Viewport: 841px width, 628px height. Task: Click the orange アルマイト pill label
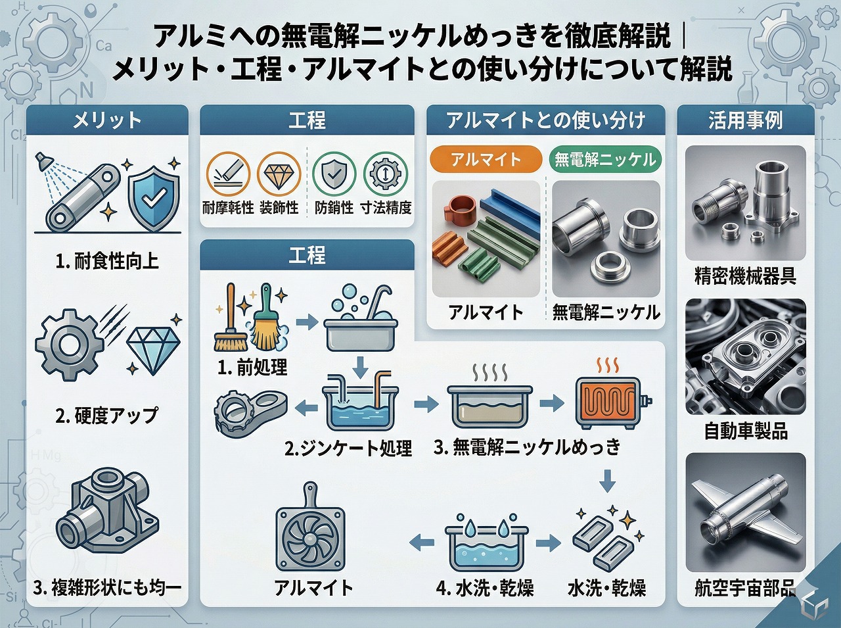[486, 159]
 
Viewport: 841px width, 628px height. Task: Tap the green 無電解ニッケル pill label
[605, 159]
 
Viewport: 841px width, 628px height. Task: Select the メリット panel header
[107, 120]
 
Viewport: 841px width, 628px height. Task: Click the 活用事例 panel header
[745, 120]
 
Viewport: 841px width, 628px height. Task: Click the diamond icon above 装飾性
[279, 174]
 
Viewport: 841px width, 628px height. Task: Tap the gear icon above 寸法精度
[385, 174]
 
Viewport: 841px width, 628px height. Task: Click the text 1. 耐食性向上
[107, 262]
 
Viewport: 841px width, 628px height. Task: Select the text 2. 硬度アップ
[106, 416]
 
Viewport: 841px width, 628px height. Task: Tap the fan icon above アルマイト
[310, 532]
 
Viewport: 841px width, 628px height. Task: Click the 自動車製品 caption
[746, 431]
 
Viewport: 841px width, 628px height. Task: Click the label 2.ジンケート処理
[348, 448]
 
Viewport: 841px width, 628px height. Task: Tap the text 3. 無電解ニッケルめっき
[527, 447]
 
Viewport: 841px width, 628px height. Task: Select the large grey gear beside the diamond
[70, 345]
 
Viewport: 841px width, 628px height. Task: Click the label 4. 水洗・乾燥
[485, 589]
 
